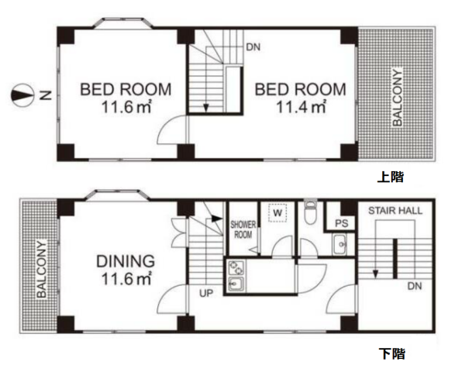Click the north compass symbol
coord(22,95)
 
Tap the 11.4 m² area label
coord(301,107)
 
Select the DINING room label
coord(126,261)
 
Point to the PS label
coord(342,223)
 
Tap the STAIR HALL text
coord(395,211)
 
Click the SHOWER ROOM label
coord(243,229)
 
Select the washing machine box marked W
coord(277,213)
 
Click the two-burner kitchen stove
coord(236,267)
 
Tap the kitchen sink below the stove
coord(236,284)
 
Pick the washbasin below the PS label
coord(340,244)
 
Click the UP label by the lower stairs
coord(206,294)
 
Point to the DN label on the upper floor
coord(253,47)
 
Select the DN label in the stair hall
coord(415,286)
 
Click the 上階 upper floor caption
coord(391,177)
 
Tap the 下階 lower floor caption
coord(391,353)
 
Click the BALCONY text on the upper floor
coord(398,97)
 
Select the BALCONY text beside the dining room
coord(42,269)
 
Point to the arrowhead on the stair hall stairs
coord(375,274)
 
